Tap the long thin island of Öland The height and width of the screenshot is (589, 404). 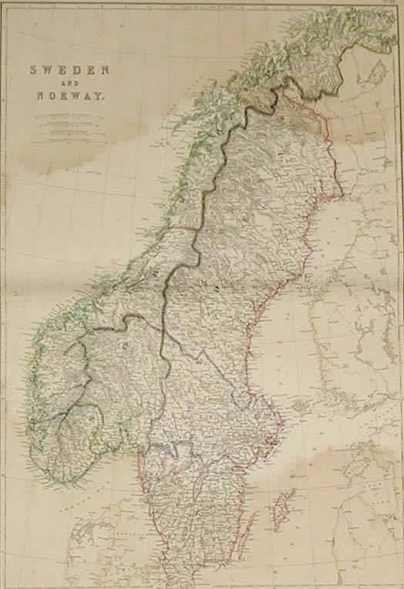click(248, 532)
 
